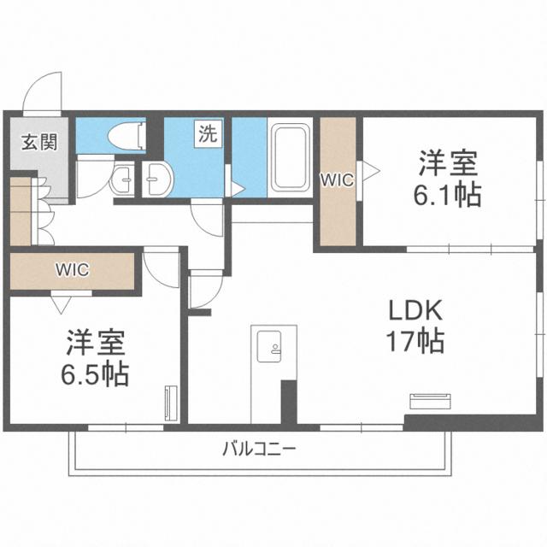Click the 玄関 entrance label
(39, 142)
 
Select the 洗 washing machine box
(208, 134)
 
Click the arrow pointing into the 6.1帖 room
(372, 170)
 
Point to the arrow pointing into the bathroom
(228, 182)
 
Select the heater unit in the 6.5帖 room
(168, 402)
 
